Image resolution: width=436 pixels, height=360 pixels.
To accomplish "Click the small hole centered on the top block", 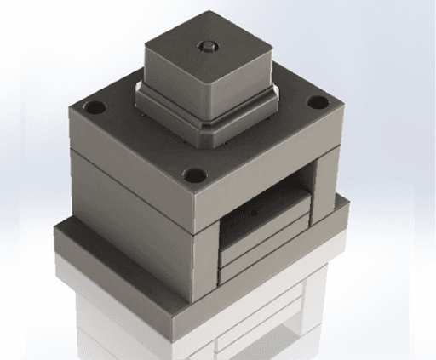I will [205, 45].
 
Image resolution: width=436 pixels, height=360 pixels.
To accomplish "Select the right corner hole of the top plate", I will [318, 104].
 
